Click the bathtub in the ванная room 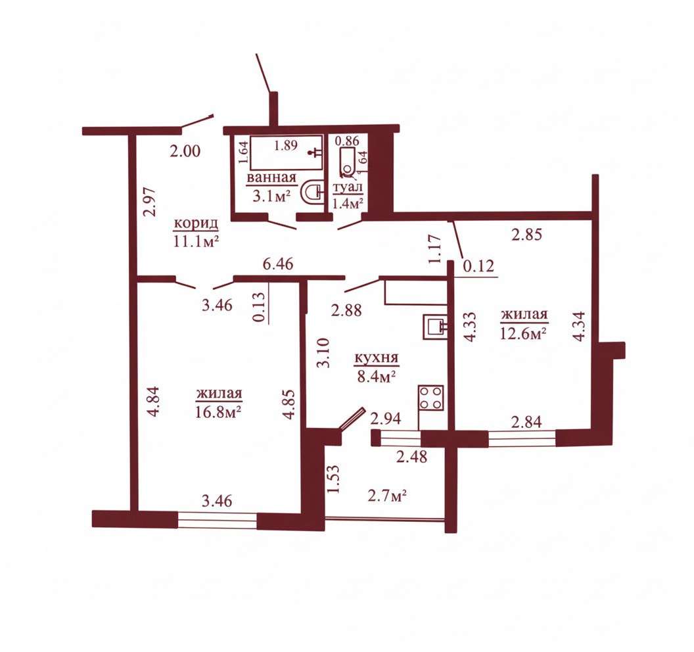[x=286, y=152]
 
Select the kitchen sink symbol [x=435, y=327]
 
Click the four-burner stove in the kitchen [x=430, y=398]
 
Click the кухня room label [x=376, y=358]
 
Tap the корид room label [x=196, y=223]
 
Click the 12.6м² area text [x=522, y=333]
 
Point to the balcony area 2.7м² [x=387, y=496]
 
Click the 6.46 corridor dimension [x=277, y=264]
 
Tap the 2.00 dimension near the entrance [x=185, y=151]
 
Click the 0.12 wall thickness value [x=478, y=266]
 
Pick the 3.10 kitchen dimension [x=324, y=353]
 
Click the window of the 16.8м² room [x=217, y=519]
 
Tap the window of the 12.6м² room [x=522, y=437]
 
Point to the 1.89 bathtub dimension [x=286, y=145]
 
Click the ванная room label [x=271, y=178]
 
